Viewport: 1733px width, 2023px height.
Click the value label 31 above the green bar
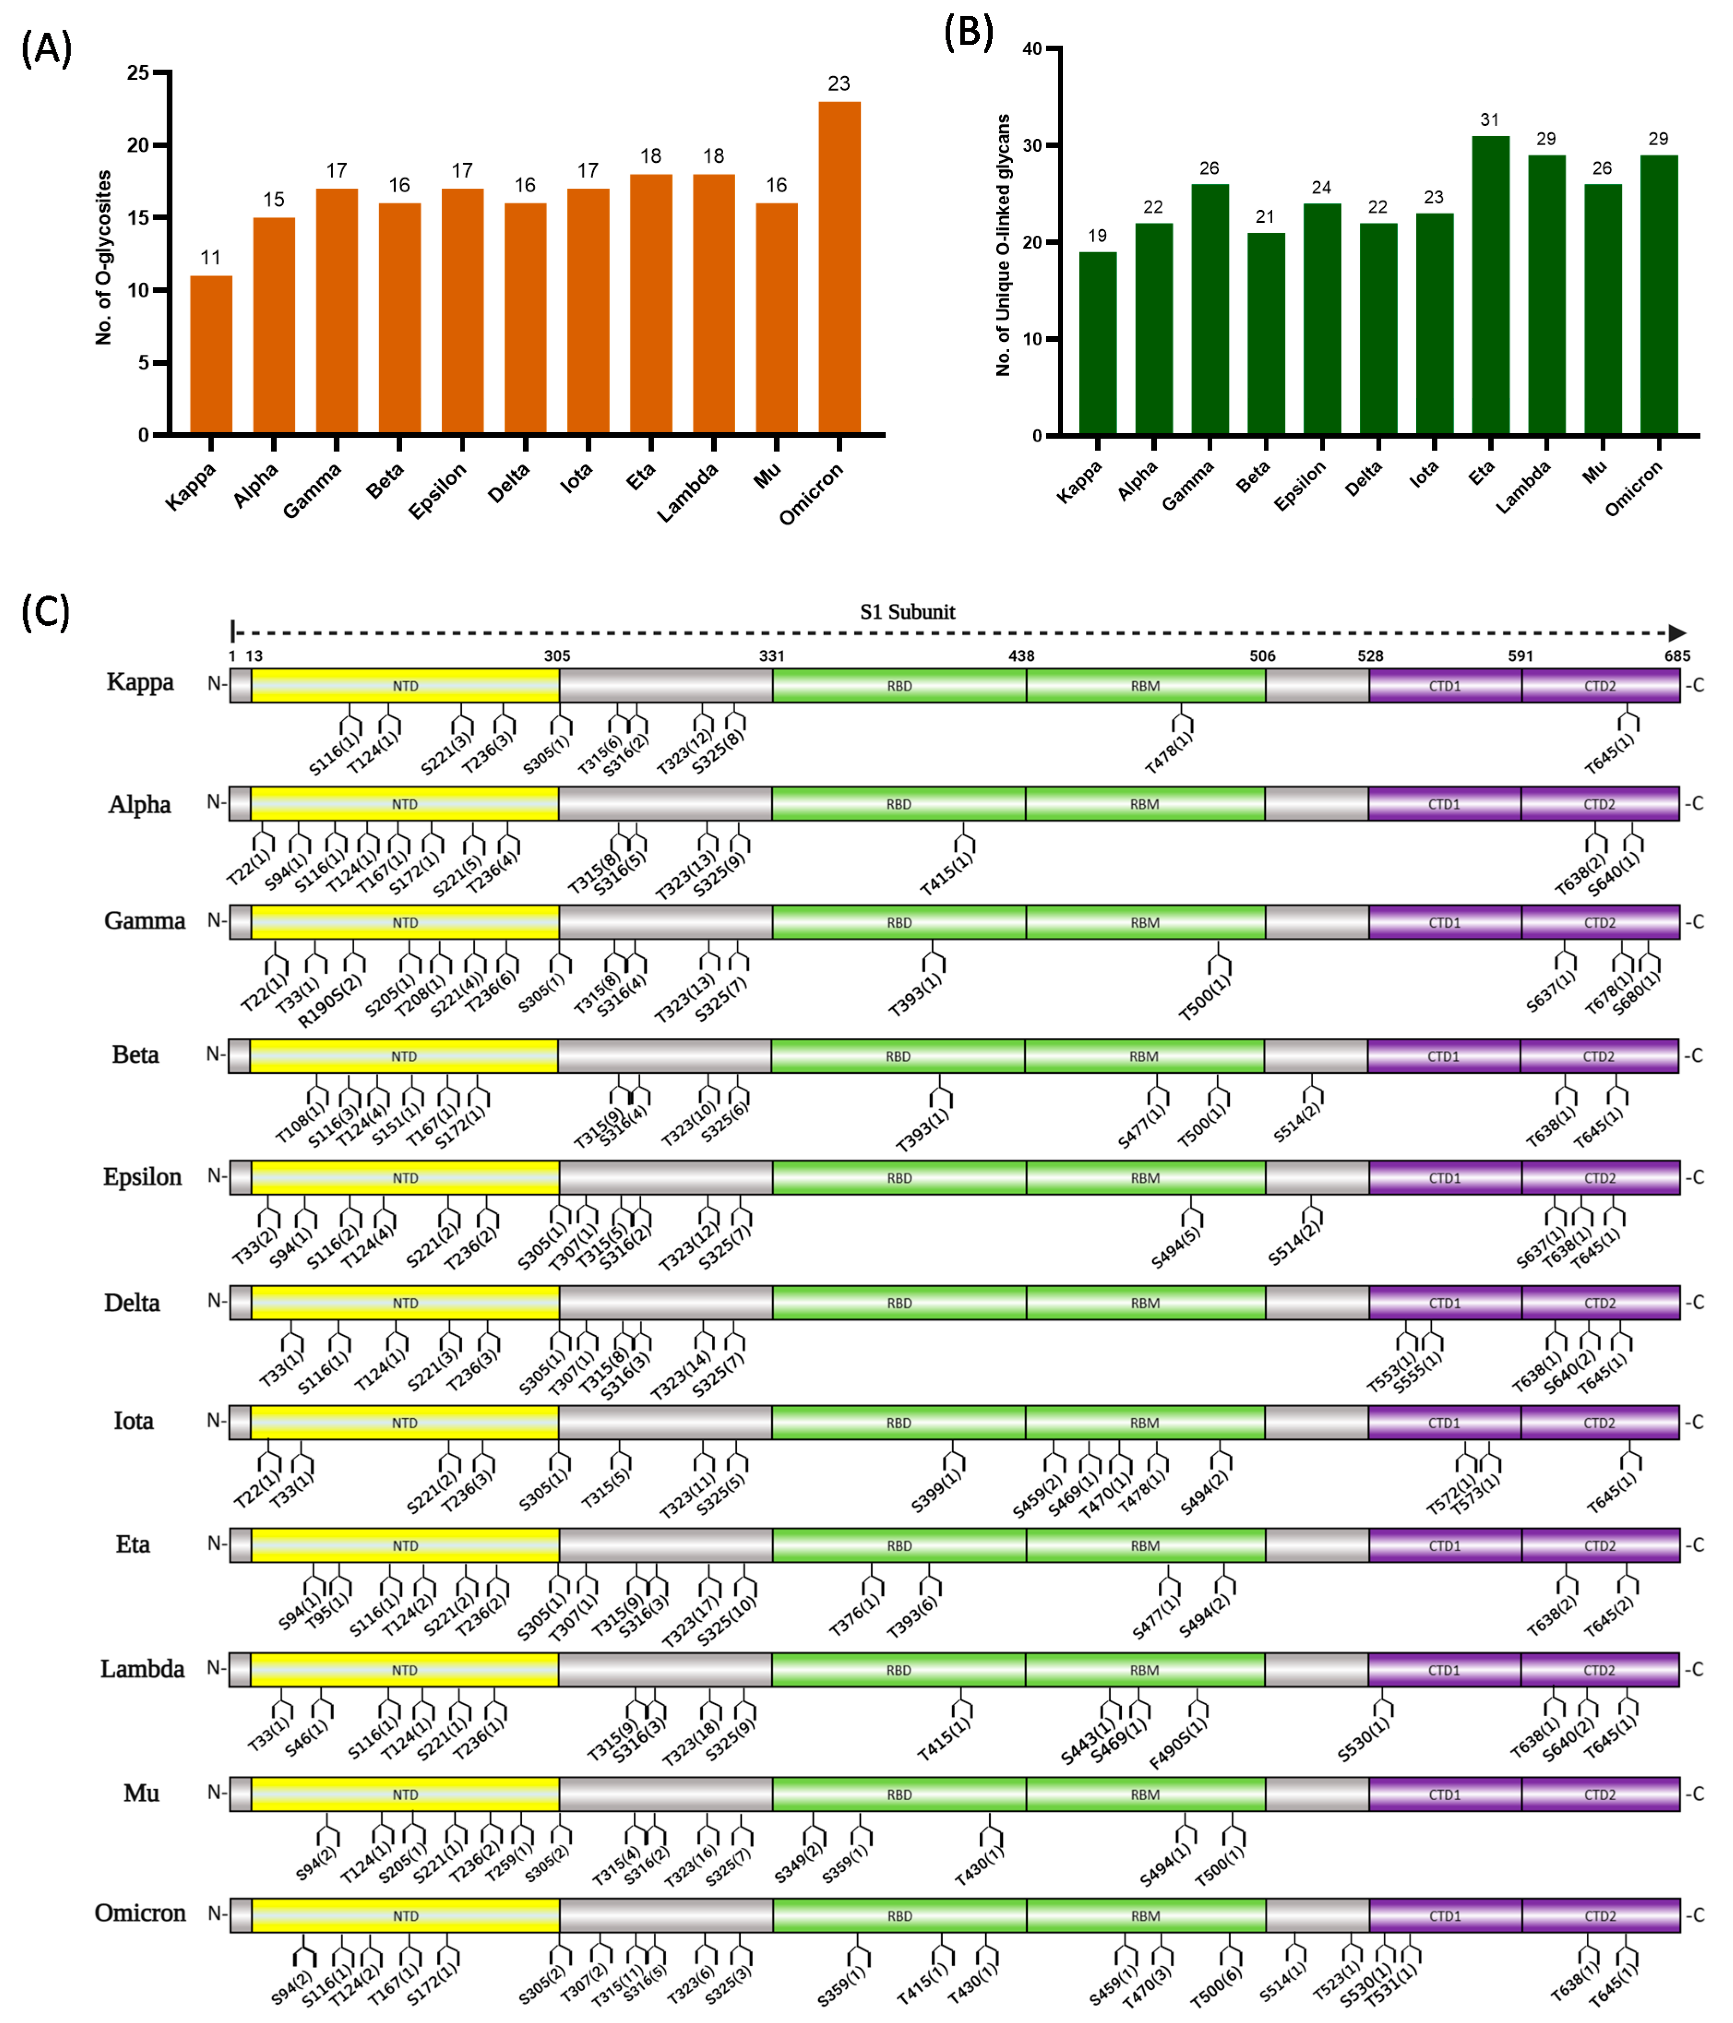coord(1489,120)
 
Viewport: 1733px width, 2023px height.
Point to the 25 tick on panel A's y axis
coord(140,72)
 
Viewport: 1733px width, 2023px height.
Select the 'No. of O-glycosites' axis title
coord(103,257)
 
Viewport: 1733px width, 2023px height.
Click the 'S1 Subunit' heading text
coord(907,612)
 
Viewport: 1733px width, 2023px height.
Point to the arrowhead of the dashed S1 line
coord(1677,633)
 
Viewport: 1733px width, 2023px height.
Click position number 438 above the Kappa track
coord(1021,656)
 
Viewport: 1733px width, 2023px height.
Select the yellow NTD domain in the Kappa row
coord(405,685)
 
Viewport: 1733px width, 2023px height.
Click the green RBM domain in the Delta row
coord(1145,1303)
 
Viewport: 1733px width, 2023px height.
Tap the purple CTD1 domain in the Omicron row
coord(1444,1916)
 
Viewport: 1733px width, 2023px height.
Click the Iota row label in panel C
coord(134,1421)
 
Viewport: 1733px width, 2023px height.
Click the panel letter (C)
coord(46,612)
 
